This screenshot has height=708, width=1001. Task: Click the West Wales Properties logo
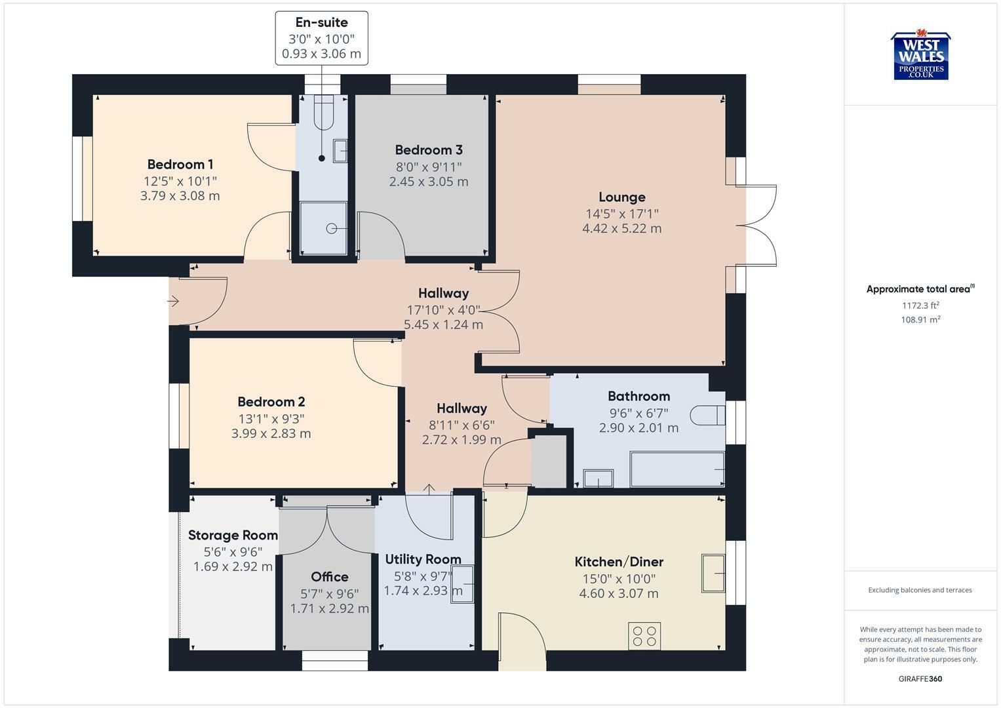click(x=920, y=55)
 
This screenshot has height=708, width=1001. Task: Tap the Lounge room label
click(x=621, y=197)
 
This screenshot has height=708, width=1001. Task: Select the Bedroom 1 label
click(x=180, y=165)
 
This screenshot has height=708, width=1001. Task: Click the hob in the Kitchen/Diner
click(x=644, y=636)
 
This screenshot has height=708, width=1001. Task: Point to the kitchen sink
click(x=713, y=573)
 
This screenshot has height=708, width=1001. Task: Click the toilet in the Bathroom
click(x=707, y=415)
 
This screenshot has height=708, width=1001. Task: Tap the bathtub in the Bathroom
click(x=677, y=469)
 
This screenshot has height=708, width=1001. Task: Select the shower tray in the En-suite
click(x=324, y=228)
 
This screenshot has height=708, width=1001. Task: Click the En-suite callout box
click(x=321, y=39)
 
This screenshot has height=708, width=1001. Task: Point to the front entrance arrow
click(x=173, y=302)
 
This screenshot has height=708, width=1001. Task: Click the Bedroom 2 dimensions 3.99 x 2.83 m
click(x=271, y=433)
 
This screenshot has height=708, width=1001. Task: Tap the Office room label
click(x=329, y=577)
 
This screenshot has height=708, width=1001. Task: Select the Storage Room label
click(x=233, y=535)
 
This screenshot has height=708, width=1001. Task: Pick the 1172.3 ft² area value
click(x=920, y=305)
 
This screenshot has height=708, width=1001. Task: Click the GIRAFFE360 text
click(x=920, y=679)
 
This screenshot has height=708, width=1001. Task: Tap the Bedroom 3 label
click(x=429, y=149)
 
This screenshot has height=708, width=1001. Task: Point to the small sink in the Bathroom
click(x=599, y=479)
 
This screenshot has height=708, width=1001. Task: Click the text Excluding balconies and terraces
click(x=920, y=590)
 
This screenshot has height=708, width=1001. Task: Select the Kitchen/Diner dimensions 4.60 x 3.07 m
click(x=618, y=593)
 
